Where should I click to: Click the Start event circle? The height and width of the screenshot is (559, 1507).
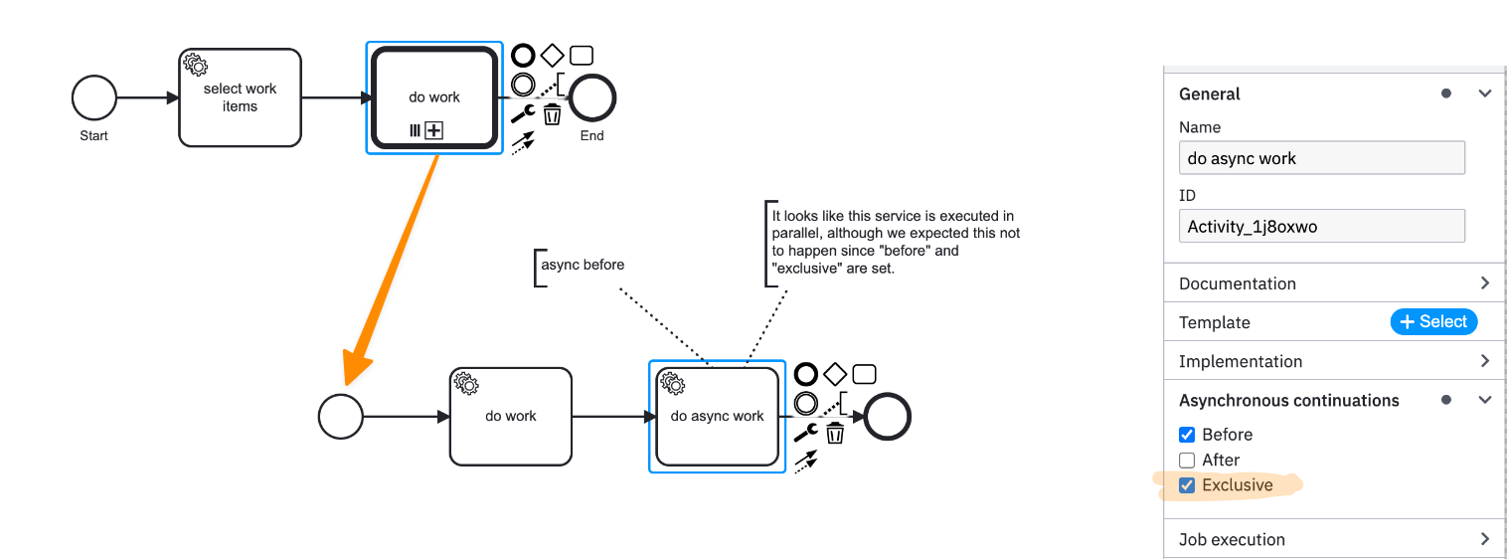pos(94,98)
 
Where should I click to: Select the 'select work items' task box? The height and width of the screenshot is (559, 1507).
pos(240,97)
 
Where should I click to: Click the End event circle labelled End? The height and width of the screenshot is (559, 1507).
pos(592,97)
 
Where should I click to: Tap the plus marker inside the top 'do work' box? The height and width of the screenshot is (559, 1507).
pos(433,130)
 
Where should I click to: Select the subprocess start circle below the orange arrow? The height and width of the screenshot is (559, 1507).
pos(340,417)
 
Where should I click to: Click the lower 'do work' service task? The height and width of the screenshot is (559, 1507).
pos(511,417)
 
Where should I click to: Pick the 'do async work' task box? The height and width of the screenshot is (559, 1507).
pos(717,417)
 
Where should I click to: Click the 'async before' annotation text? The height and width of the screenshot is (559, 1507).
pos(583,266)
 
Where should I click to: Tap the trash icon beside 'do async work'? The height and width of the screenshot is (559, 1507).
pos(835,433)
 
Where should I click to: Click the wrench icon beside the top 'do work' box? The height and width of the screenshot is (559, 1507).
pos(523,114)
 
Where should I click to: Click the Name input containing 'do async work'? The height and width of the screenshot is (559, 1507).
pos(1321,158)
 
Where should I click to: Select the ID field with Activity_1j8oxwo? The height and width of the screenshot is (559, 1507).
pos(1321,226)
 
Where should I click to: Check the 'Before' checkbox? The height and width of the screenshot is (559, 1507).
pos(1187,435)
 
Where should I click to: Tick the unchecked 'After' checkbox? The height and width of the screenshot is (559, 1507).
pos(1187,461)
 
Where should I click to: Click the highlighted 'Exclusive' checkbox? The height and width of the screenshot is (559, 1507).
pos(1187,485)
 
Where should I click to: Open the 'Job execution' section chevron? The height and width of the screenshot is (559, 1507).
pos(1484,539)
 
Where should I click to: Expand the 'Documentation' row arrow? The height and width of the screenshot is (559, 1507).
pos(1484,283)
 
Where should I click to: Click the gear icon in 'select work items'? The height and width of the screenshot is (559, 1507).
pos(196,66)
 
